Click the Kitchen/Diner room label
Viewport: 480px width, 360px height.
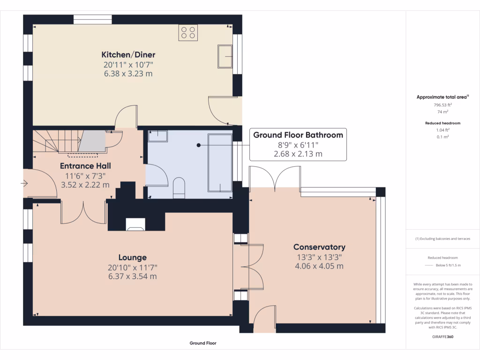pos(128,54)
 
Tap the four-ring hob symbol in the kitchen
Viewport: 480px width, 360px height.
pos(188,32)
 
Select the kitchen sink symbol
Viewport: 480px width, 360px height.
pos(225,57)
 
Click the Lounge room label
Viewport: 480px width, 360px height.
pos(132,257)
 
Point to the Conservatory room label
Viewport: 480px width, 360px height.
pos(319,247)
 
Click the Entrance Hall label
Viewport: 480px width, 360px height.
pos(85,166)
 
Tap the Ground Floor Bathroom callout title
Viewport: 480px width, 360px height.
pos(298,135)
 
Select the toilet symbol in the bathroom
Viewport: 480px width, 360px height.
pos(179,188)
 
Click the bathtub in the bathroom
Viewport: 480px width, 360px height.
pos(220,163)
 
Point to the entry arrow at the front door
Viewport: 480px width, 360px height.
pos(24,184)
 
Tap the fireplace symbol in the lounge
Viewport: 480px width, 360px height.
pos(135,225)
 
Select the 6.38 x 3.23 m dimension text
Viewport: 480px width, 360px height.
pos(128,74)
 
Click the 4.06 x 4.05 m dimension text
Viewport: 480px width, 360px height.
pos(319,266)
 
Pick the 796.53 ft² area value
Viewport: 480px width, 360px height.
pos(442,105)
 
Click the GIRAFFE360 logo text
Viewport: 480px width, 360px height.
pos(442,337)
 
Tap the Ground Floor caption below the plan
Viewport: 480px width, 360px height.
pos(203,343)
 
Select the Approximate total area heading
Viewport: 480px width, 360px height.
pos(442,97)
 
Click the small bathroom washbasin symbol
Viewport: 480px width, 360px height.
pos(158,136)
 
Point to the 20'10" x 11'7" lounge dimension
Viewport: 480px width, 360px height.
pos(132,267)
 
